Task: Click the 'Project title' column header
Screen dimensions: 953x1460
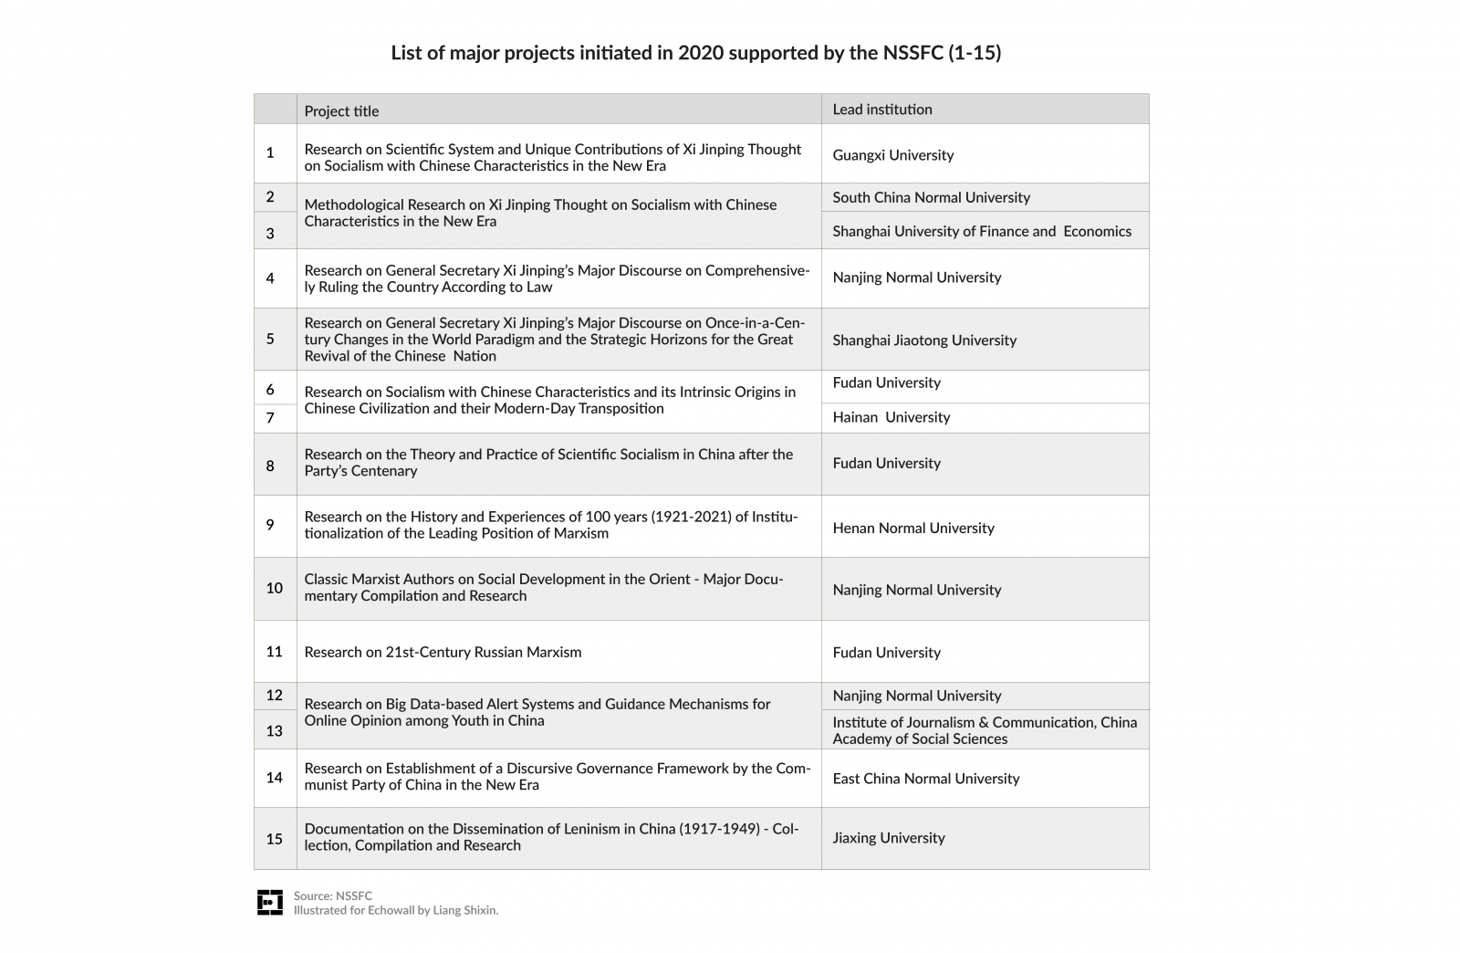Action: tap(341, 111)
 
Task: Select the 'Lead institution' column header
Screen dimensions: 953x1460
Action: tap(881, 110)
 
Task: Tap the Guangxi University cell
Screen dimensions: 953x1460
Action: tap(892, 155)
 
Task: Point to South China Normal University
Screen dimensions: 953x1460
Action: tap(931, 197)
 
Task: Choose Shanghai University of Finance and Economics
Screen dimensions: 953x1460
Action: tap(981, 232)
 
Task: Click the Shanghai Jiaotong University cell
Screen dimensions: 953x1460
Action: tap(923, 340)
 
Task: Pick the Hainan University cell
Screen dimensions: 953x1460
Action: tap(891, 417)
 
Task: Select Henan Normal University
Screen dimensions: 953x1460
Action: tap(912, 528)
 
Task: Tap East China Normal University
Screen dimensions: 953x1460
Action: tap(925, 779)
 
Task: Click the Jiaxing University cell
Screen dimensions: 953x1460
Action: tap(888, 838)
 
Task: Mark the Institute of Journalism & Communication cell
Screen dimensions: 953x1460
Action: tap(984, 730)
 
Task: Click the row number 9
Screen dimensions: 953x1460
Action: tap(270, 525)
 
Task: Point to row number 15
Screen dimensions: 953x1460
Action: tap(274, 838)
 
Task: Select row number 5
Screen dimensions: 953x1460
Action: tap(270, 339)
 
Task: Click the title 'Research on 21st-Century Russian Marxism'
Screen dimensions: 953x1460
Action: tap(443, 652)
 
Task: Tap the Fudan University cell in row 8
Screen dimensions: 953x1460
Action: tap(886, 464)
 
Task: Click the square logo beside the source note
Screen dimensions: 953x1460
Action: tap(270, 902)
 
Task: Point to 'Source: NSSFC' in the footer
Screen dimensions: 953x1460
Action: tap(332, 895)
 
